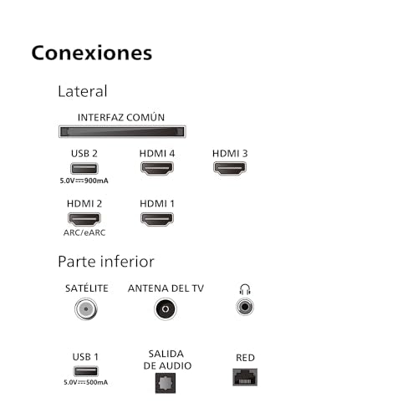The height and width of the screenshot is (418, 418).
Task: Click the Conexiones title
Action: (x=92, y=53)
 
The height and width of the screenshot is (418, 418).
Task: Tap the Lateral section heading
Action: (x=83, y=91)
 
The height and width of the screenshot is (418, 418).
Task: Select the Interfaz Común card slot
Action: (x=122, y=131)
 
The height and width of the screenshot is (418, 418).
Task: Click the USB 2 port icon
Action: (x=84, y=168)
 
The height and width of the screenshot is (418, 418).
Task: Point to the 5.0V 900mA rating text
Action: (x=84, y=181)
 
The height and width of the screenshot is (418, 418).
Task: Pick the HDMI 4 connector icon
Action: (x=157, y=169)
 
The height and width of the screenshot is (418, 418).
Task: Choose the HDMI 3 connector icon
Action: (x=230, y=169)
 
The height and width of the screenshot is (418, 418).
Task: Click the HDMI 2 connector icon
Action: (x=84, y=219)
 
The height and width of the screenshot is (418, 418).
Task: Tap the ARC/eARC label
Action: (x=84, y=232)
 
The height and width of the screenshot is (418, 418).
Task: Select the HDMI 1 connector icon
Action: (x=157, y=219)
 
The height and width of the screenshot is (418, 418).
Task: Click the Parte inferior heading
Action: (x=106, y=262)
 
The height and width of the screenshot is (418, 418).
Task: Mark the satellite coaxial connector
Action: (x=86, y=308)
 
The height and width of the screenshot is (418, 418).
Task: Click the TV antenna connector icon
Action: (x=166, y=308)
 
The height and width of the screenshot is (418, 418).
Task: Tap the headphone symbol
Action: (x=245, y=289)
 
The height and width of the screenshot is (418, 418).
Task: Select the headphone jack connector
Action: (x=245, y=307)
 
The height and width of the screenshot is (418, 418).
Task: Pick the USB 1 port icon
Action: (x=85, y=371)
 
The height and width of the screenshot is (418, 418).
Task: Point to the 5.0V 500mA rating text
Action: (x=85, y=382)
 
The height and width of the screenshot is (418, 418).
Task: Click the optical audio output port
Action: (x=166, y=383)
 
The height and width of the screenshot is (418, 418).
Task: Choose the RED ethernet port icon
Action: (x=245, y=377)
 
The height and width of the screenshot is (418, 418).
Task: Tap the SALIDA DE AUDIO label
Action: (x=167, y=359)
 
